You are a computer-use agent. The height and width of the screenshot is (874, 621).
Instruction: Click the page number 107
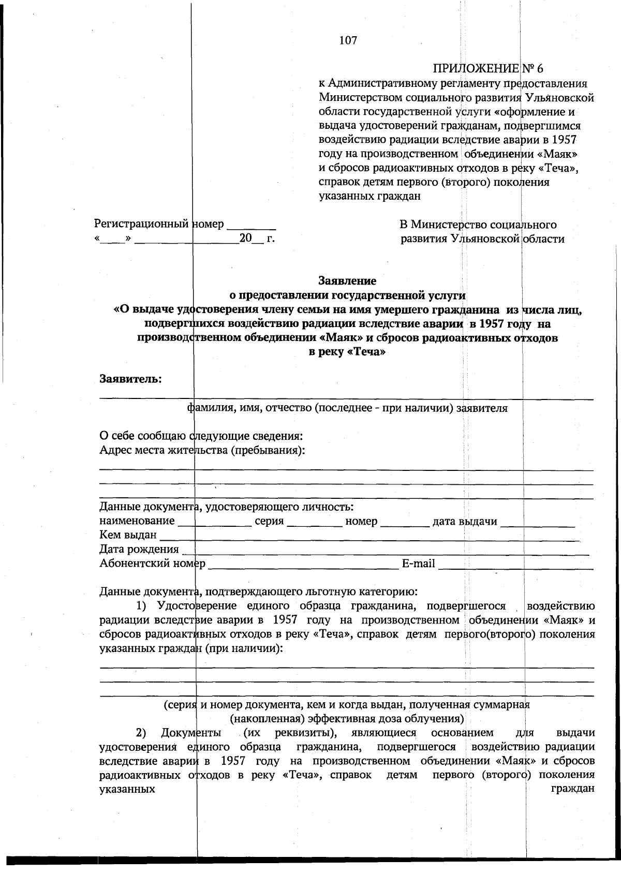pyautogui.click(x=348, y=40)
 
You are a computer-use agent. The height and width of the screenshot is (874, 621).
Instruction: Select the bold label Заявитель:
pyautogui.click(x=131, y=379)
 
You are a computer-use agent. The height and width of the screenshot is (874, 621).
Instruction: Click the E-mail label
pyautogui.click(x=418, y=564)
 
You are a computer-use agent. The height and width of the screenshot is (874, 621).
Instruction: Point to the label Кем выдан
pyautogui.click(x=128, y=535)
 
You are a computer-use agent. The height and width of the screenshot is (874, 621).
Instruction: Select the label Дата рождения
pyautogui.click(x=139, y=549)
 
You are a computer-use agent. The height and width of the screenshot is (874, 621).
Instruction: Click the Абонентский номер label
pyautogui.click(x=152, y=564)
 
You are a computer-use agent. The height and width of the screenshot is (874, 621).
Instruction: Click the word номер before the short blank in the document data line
pyautogui.click(x=361, y=521)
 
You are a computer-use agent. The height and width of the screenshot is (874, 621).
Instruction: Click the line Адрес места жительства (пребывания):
pyautogui.click(x=202, y=450)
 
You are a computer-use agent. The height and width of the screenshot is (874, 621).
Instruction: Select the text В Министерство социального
pyautogui.click(x=478, y=225)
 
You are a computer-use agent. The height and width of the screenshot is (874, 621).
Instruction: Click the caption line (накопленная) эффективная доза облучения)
pyautogui.click(x=347, y=719)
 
